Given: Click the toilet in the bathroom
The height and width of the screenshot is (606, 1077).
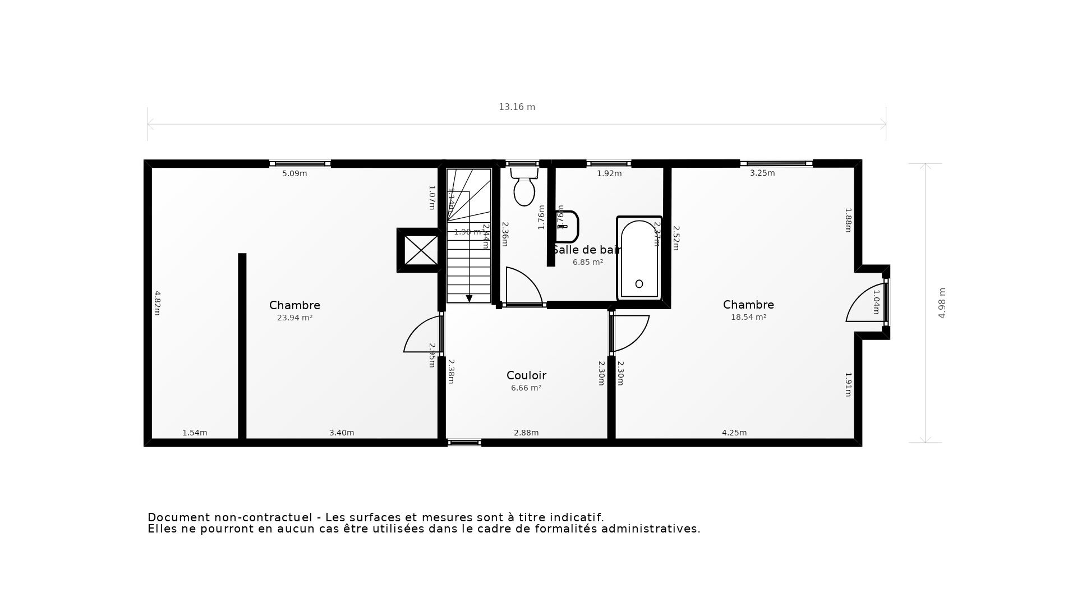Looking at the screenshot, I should [x=524, y=189].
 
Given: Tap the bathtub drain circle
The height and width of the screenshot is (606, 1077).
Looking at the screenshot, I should [x=639, y=284].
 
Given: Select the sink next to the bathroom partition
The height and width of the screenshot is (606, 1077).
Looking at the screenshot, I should [x=568, y=226].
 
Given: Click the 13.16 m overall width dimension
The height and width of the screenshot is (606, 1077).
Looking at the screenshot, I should [x=517, y=107].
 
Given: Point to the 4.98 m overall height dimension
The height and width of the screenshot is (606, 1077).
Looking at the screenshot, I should [x=942, y=303].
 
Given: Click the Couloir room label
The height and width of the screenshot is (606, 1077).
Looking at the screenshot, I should [x=526, y=375].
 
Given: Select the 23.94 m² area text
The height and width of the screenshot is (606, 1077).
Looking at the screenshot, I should [x=294, y=318].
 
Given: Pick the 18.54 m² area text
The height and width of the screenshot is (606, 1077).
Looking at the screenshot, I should [x=748, y=317].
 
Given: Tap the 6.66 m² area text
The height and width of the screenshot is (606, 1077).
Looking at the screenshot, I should [x=526, y=388].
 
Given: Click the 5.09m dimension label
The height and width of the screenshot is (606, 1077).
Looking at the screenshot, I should [x=294, y=173].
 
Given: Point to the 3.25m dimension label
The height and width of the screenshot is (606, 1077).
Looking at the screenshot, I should [x=762, y=173].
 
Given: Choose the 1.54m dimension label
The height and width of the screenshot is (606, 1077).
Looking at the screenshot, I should [x=195, y=433].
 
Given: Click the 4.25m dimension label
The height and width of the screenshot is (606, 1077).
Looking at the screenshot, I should [x=734, y=433].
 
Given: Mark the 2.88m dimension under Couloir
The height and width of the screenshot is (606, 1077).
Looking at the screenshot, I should [x=526, y=433].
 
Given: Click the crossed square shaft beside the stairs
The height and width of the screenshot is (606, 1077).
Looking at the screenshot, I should [x=421, y=250].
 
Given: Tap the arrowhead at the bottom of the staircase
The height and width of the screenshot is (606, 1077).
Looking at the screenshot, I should [x=469, y=299].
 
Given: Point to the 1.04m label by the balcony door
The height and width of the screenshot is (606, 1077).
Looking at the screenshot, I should [x=876, y=302].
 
